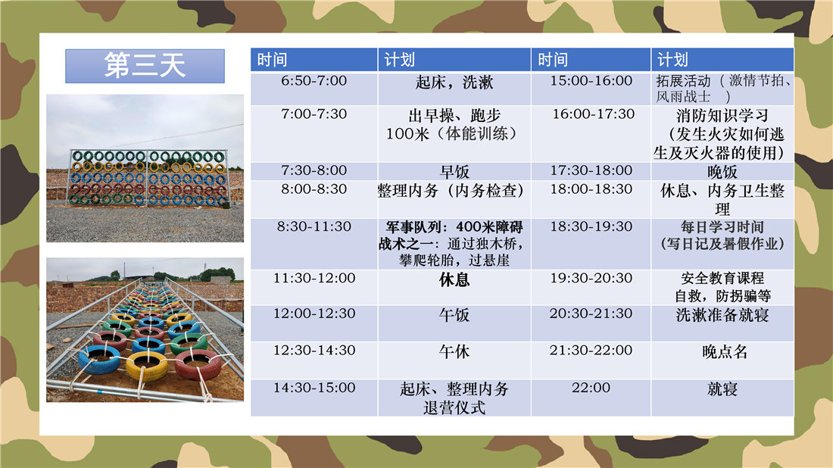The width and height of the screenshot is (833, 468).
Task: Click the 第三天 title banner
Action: click(145, 66)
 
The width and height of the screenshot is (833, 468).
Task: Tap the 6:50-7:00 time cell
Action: click(314, 89)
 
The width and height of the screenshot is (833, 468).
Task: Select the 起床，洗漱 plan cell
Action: click(454, 89)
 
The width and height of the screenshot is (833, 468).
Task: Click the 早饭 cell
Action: click(454, 172)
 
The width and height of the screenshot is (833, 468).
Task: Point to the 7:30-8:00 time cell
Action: click(314, 172)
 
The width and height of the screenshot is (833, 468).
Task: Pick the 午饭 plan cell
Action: click(454, 323)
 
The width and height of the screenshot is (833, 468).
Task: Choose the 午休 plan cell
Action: click(454, 360)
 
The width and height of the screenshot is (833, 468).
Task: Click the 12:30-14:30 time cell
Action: click(314, 360)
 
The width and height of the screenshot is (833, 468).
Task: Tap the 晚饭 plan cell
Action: click(722, 172)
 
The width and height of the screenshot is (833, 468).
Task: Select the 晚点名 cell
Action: click(722, 360)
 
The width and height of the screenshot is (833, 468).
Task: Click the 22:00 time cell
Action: click(591, 398)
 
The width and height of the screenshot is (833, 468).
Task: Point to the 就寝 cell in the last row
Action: click(722, 398)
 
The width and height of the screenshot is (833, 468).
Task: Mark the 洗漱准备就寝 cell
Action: click(722, 323)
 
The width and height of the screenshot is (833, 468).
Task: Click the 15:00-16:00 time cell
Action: click(591, 89)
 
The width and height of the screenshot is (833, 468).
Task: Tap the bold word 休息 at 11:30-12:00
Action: click(454, 280)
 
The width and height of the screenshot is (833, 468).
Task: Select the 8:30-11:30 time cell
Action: click(314, 244)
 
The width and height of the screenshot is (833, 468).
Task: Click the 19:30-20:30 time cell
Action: click(591, 287)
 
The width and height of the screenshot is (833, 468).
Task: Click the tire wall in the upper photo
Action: click(148, 178)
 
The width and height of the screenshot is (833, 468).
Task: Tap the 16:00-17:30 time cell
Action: click(591, 134)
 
